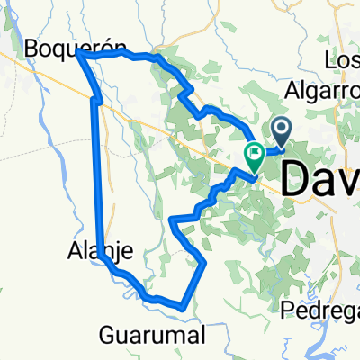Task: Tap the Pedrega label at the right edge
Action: coord(319,310)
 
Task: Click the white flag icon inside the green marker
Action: coord(255,154)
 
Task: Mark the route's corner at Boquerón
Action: coord(79,55)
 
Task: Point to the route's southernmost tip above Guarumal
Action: coord(184,307)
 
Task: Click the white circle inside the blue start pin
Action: coord(281,131)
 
